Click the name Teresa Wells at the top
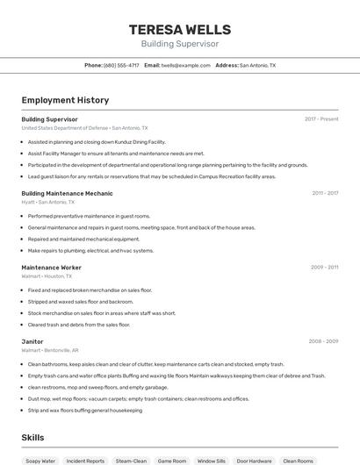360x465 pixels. click(180, 29)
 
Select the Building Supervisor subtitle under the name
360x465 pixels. click(180, 44)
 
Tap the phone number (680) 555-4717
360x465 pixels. click(122, 65)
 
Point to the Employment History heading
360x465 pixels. click(65, 100)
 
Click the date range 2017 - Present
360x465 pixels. click(321, 119)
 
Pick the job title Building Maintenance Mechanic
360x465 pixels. click(67, 193)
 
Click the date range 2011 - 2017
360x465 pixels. click(325, 193)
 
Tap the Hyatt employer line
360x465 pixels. click(54, 202)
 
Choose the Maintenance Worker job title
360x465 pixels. click(51, 268)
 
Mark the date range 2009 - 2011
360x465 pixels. click(324, 268)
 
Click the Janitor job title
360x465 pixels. click(32, 341)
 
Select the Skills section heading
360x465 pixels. click(32, 437)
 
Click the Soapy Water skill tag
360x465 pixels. click(40, 461)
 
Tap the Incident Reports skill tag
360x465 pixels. click(85, 461)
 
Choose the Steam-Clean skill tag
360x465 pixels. click(131, 461)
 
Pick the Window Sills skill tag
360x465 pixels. click(212, 461)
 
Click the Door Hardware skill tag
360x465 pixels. click(255, 461)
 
